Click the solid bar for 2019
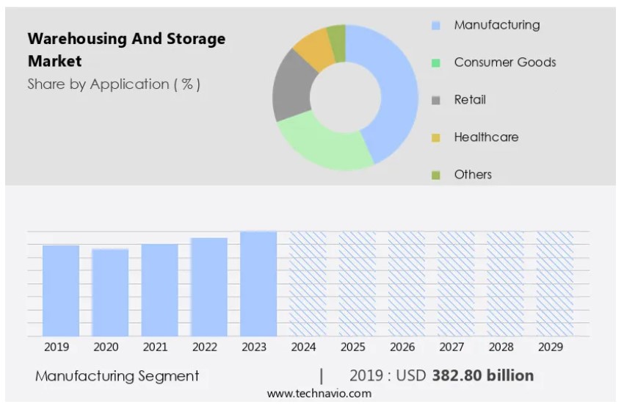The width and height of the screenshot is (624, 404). (x=61, y=291)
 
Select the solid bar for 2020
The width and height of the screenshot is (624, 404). (x=110, y=292)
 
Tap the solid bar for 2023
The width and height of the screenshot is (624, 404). (x=258, y=284)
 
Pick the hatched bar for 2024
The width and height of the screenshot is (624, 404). (x=308, y=284)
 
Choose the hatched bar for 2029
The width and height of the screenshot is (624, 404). (x=555, y=284)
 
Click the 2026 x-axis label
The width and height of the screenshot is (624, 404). (x=402, y=347)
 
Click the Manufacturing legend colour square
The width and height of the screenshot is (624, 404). (x=436, y=26)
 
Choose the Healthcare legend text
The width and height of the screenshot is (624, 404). (x=486, y=137)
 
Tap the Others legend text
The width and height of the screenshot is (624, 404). (x=473, y=175)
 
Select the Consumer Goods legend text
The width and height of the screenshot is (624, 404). (x=504, y=62)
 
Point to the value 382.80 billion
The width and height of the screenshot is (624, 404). (x=482, y=375)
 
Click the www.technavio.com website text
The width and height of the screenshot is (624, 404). (x=319, y=394)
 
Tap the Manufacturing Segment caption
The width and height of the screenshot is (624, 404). (x=117, y=376)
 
